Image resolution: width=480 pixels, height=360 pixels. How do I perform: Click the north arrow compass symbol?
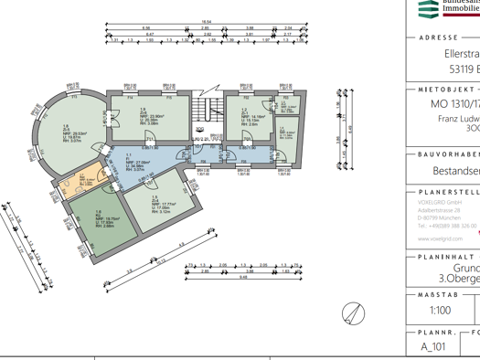coord(354,312)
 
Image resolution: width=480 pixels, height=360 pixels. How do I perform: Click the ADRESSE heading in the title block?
coord(438,37)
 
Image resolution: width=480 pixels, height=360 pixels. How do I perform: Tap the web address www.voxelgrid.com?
coord(433,237)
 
